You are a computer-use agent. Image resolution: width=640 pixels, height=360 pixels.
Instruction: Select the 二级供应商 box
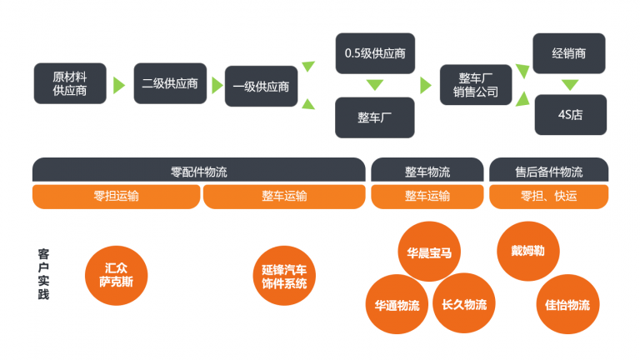point(170,83)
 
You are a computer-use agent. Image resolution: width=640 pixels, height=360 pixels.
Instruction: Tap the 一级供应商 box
point(261,85)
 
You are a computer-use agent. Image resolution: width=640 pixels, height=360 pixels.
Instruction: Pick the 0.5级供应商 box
point(375,53)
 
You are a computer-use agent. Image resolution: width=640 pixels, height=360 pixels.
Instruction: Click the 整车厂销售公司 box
point(476,84)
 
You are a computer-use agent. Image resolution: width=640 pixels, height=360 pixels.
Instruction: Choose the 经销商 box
point(570,52)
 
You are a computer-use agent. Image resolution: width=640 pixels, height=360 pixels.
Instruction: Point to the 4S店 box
point(570,115)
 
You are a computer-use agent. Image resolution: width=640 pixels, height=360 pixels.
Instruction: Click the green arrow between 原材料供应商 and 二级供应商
point(119,84)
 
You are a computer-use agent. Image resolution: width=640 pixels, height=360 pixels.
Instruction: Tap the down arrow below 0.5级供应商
point(375,85)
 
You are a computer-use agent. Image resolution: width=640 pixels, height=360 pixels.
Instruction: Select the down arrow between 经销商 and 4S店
point(570,84)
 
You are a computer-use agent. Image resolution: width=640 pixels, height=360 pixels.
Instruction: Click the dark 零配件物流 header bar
point(198,171)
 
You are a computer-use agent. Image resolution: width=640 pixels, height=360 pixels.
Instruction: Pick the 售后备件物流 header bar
point(548,171)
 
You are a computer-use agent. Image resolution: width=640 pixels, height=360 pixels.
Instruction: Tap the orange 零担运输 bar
point(116,196)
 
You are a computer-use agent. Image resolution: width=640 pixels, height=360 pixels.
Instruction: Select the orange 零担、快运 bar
point(548,196)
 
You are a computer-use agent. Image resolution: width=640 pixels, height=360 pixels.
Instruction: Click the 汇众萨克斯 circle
point(116,276)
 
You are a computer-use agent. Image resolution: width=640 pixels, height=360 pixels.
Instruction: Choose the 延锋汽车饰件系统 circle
point(284,276)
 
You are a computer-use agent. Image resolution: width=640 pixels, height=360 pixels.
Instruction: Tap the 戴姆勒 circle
point(527,250)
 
